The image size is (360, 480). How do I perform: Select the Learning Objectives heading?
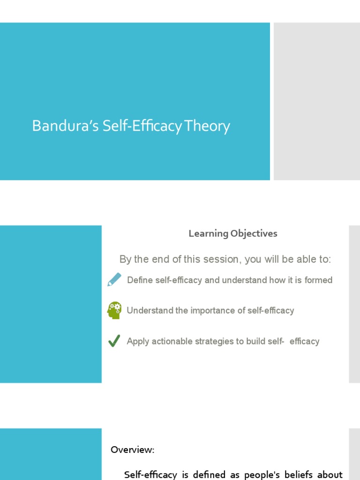coord(233,233)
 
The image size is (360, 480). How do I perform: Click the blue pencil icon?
coord(114,280)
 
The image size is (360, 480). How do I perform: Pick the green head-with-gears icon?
coord(114,310)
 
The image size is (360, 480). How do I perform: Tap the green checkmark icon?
coord(114,341)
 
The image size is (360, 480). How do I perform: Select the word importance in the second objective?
coord(210,310)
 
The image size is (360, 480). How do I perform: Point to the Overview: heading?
coord(133,450)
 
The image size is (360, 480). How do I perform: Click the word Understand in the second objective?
coord(150,310)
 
